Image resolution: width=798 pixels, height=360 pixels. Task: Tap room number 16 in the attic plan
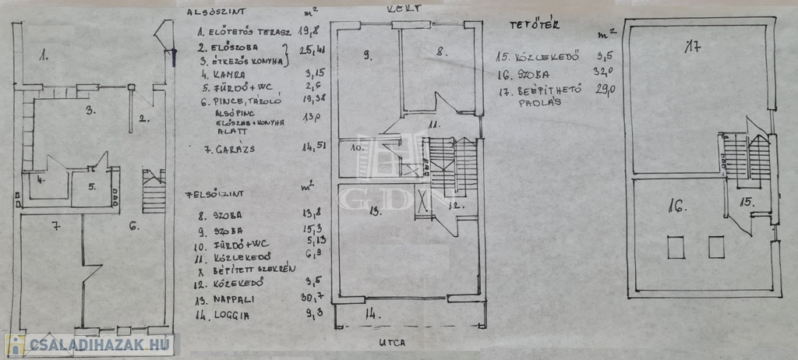[676, 207]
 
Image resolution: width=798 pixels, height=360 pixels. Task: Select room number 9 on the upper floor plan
[366, 55]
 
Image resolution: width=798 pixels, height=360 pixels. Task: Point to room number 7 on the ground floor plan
[55, 227]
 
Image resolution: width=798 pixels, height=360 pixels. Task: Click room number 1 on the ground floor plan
[44, 55]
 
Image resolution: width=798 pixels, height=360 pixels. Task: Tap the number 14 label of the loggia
[372, 315]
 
